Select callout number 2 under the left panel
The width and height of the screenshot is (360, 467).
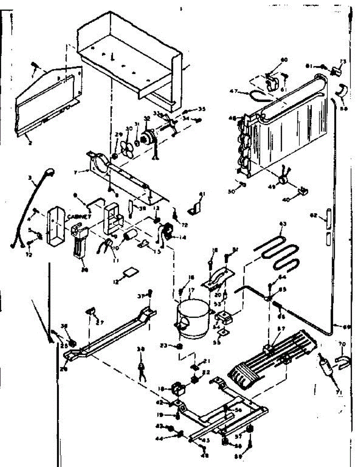point(30,143)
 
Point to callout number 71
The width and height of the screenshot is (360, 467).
point(339,393)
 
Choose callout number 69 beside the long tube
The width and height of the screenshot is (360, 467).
point(346,327)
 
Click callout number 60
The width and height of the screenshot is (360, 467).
point(284,60)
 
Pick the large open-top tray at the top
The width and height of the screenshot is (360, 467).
point(128,54)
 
